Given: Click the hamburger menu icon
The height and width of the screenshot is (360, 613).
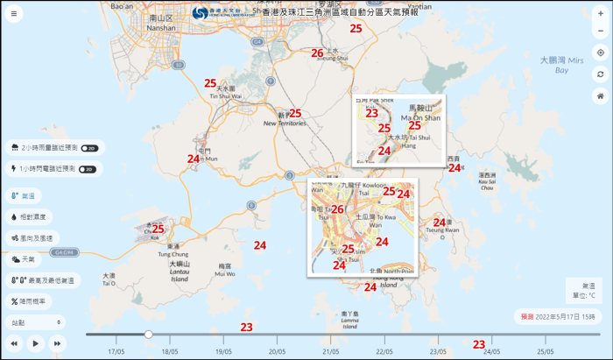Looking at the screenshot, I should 13,14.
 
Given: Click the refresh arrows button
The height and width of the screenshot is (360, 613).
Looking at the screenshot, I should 600,73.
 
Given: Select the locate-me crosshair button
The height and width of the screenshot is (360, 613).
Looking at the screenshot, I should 600,53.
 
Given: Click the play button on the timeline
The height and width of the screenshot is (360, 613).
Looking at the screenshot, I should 36,343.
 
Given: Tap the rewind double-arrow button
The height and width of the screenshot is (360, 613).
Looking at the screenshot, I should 14,343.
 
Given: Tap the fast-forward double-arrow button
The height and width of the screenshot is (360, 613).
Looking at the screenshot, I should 58,343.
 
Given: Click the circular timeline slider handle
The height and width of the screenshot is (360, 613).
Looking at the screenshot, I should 149,334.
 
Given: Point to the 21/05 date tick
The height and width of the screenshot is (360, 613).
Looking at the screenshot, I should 331,351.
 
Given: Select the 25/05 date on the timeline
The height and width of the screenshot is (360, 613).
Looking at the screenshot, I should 546,351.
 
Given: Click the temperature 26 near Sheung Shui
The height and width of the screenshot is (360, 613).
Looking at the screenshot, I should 317,53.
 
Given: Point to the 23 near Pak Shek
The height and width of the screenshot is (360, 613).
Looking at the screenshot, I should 371,113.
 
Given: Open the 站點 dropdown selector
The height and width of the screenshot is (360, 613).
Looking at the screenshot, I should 35,322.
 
